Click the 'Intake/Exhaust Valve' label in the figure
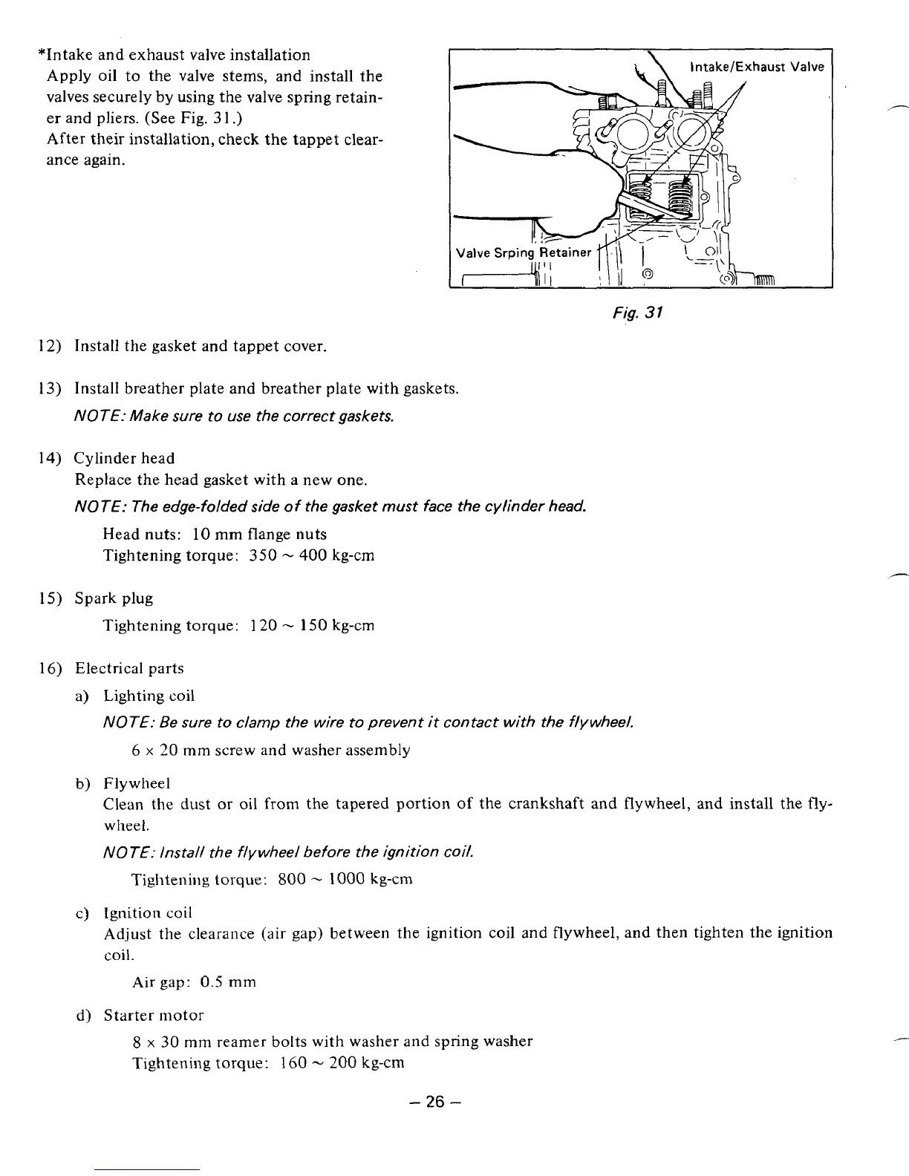pos(757,68)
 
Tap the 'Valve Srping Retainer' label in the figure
pos(523,253)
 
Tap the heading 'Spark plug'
pos(114,598)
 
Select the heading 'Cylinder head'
pos(124,458)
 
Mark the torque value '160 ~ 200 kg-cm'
pos(342,1062)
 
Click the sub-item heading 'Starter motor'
pos(153,1015)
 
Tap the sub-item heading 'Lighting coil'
pos(149,696)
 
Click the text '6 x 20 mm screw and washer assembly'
pos(270,750)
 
